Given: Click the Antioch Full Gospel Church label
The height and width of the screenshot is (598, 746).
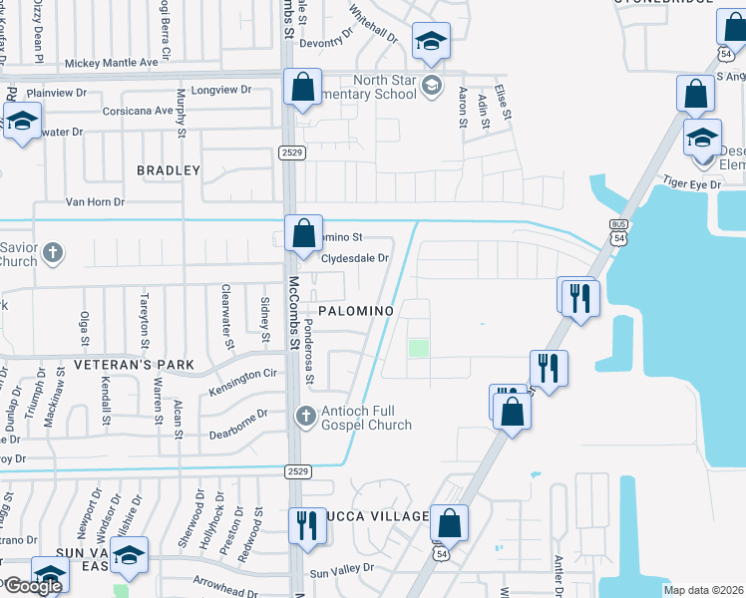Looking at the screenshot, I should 366,418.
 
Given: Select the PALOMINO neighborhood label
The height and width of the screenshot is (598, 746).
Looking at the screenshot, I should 356,311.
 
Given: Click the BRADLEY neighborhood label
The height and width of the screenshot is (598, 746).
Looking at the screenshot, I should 169,170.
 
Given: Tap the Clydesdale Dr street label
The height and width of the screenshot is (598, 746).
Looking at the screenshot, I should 355,258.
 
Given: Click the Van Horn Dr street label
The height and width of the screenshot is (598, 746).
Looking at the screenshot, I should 95,201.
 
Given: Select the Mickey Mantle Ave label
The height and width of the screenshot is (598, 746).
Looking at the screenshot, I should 111,63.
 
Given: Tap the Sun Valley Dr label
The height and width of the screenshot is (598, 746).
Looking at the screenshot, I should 341,569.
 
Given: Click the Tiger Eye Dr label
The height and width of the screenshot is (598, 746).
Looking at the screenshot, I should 692,185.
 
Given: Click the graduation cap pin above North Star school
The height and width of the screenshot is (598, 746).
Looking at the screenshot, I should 430,41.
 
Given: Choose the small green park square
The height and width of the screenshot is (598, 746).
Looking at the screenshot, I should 418,348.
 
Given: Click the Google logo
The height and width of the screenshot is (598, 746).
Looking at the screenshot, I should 33,586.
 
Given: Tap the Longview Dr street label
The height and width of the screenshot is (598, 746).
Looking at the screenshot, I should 219,90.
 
